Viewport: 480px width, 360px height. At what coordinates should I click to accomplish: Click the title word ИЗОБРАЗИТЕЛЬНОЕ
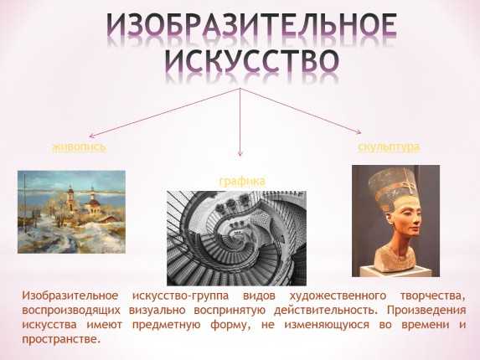(x=252, y=26)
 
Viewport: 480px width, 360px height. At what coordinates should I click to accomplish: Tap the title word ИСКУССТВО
(x=252, y=60)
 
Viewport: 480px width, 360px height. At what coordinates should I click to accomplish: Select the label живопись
(x=80, y=147)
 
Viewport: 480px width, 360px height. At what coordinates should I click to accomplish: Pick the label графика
(x=242, y=182)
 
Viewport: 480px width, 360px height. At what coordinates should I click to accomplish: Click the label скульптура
(x=389, y=147)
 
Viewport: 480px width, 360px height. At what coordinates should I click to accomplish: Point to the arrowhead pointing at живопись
(x=90, y=136)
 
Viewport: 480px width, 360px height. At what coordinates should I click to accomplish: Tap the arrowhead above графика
(x=240, y=154)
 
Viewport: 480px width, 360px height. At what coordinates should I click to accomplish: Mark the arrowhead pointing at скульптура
(x=359, y=131)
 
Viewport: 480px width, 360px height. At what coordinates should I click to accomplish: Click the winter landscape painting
(x=72, y=212)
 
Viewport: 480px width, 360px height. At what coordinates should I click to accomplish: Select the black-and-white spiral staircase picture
(x=236, y=239)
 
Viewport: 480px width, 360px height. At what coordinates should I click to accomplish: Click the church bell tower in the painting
(x=70, y=198)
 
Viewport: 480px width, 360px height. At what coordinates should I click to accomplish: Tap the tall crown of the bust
(x=393, y=185)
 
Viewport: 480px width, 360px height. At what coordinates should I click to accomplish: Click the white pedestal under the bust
(x=395, y=271)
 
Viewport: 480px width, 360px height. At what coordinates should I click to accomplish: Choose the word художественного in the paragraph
(x=338, y=296)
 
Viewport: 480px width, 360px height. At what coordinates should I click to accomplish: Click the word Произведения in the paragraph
(x=426, y=310)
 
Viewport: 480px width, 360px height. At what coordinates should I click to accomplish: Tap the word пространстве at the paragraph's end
(x=61, y=339)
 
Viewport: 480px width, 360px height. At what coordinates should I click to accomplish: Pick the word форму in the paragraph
(x=229, y=325)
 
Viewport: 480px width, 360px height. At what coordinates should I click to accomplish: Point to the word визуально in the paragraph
(x=157, y=311)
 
